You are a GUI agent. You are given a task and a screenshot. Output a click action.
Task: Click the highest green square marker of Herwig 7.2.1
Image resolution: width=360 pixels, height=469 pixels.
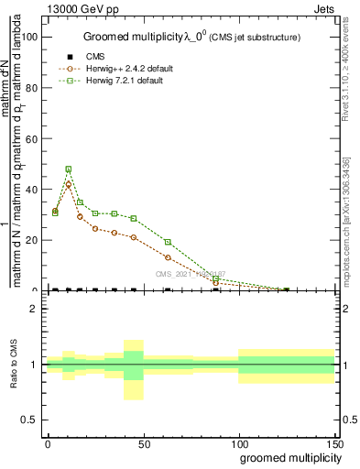point(69,169)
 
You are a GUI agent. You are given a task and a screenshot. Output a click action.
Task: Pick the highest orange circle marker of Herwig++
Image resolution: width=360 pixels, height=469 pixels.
point(69,185)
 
